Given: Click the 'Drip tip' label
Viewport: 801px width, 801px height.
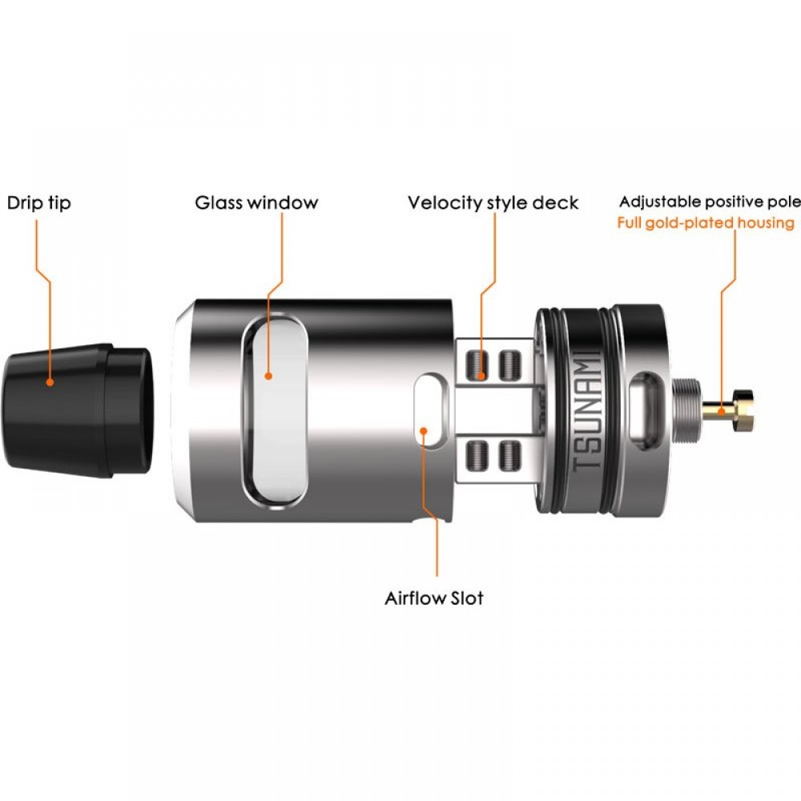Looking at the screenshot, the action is coord(38,203).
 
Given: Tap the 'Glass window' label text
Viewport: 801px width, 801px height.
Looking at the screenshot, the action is coord(256,203).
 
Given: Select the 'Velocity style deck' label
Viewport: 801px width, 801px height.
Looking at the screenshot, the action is coord(493,203).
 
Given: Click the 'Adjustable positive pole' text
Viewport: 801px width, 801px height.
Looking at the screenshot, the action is coord(710,202).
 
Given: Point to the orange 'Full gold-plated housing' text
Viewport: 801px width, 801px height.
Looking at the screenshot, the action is coord(706,223).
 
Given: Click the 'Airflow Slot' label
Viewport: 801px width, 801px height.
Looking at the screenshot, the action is coord(433,598).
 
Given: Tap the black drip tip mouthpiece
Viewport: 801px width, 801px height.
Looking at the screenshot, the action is coord(77,410).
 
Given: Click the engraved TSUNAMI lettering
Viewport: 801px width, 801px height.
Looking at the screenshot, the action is coord(586,411).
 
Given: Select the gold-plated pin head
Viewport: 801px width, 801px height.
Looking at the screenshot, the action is coord(744,409).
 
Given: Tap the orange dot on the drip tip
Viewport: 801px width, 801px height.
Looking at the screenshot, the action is coord(50,381).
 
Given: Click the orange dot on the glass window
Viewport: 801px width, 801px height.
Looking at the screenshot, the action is coord(268,376).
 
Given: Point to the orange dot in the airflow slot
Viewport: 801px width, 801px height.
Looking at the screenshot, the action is coord(424,430).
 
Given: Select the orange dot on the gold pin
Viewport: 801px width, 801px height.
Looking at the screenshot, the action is coord(721,411).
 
